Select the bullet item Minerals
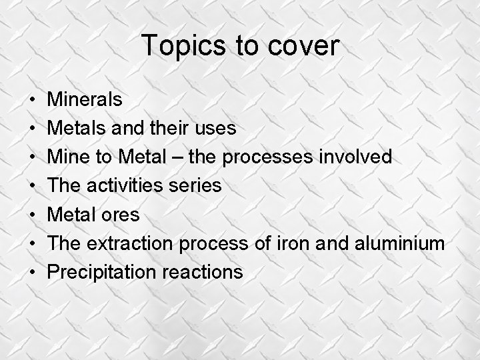point(85,100)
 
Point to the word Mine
point(69,157)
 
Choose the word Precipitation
point(99,272)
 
